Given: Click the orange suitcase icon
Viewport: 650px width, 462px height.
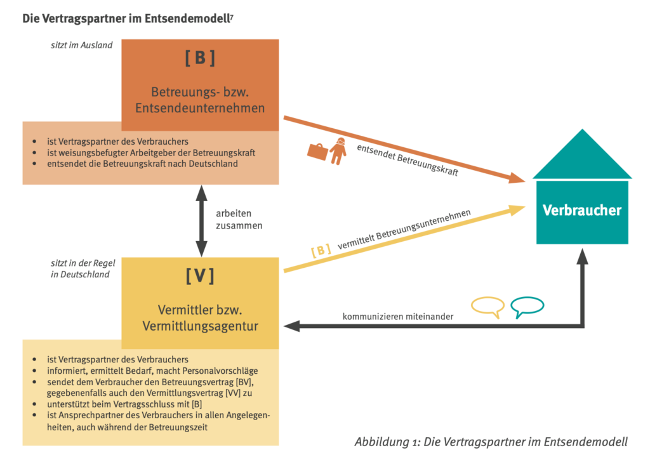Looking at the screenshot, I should click(x=317, y=152).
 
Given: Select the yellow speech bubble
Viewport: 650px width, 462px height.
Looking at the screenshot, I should click(x=487, y=307).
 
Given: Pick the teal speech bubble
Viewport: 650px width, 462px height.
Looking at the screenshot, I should click(x=527, y=307).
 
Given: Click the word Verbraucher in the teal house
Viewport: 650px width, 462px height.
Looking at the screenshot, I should click(x=582, y=210).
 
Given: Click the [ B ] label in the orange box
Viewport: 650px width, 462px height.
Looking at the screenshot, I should click(x=200, y=58).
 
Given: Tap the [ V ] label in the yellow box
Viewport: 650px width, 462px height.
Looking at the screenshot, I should click(x=200, y=276).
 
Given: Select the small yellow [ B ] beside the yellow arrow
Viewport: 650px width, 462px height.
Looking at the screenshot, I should click(x=321, y=251).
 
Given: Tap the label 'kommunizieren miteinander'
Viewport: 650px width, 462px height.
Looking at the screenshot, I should click(x=398, y=316).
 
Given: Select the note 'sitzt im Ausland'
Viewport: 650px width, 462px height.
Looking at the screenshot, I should click(x=82, y=45).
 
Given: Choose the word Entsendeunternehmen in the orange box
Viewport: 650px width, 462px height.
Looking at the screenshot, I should click(x=200, y=108).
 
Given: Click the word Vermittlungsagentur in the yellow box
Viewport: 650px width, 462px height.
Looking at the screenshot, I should click(x=200, y=326).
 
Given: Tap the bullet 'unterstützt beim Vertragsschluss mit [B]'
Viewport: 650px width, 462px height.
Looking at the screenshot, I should click(x=127, y=403).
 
